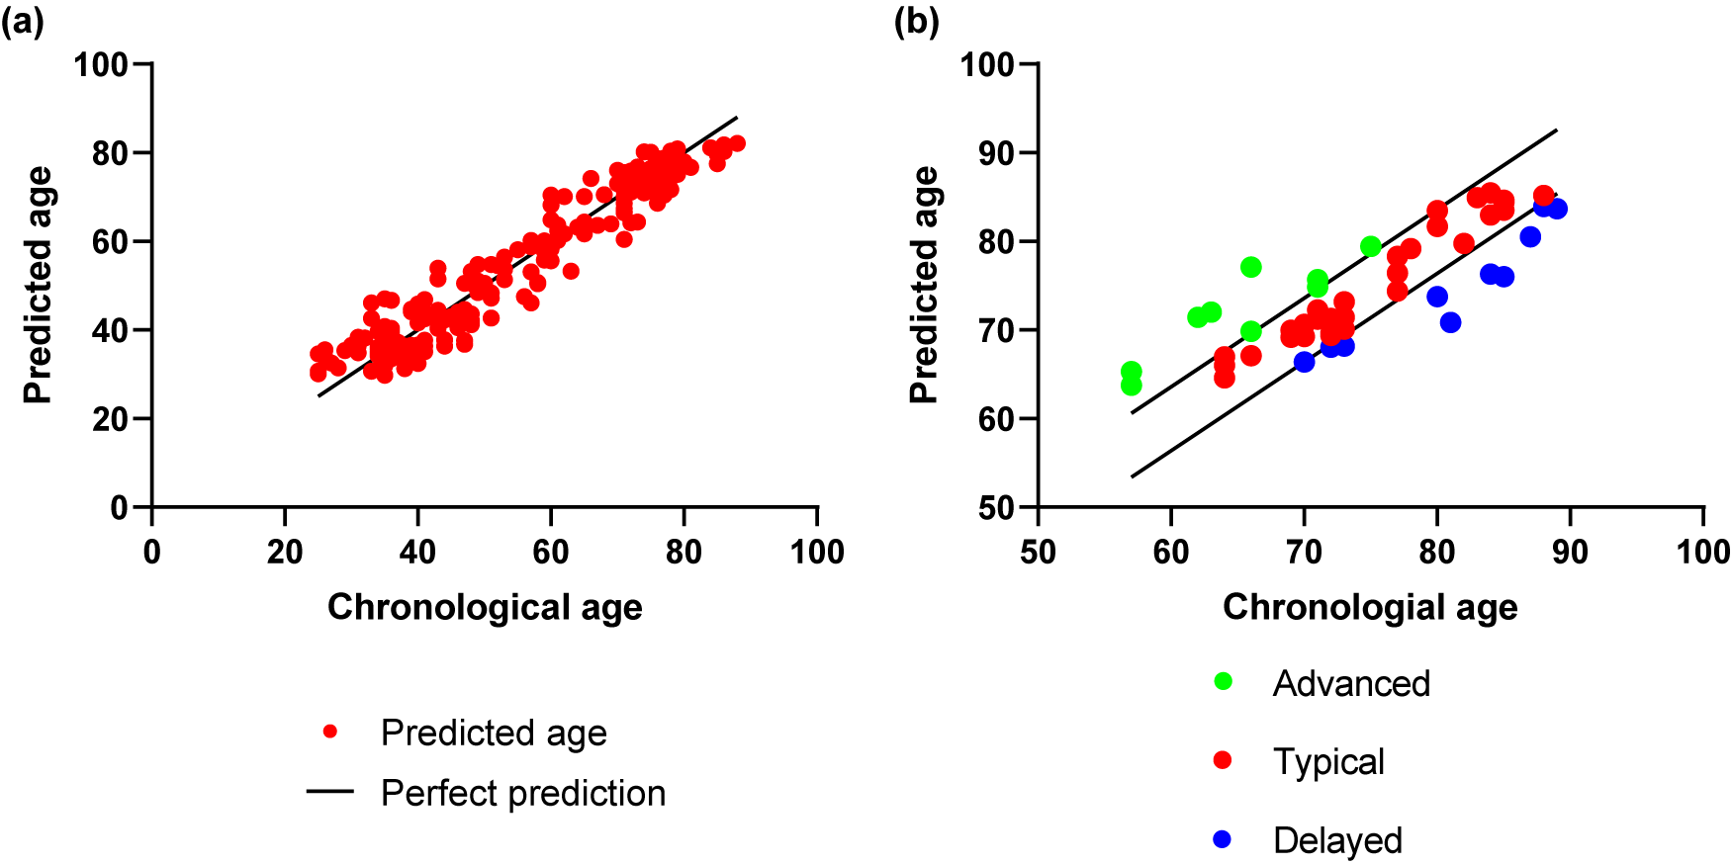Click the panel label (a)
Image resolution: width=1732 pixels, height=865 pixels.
(22, 22)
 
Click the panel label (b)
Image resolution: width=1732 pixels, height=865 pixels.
(916, 22)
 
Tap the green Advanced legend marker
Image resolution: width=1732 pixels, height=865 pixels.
(1223, 681)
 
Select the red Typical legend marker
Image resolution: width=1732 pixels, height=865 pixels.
(1223, 760)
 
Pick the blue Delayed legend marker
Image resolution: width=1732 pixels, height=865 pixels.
(1223, 839)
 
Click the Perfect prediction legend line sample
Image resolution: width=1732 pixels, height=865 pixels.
(330, 792)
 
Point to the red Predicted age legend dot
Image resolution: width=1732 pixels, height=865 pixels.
(330, 732)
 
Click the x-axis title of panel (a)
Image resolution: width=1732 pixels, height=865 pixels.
(485, 607)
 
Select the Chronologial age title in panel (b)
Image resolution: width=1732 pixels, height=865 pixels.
(1370, 607)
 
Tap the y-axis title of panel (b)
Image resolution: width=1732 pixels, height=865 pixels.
(924, 285)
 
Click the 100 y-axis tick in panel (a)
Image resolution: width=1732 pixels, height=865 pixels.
(101, 65)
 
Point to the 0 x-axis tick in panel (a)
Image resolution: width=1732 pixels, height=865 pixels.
(151, 552)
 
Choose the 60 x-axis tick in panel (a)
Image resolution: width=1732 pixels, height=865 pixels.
(551, 552)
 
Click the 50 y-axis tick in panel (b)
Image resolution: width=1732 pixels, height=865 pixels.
(996, 508)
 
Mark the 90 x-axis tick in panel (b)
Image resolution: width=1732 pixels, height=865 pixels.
(1570, 552)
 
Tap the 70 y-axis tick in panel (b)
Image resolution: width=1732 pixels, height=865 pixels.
(996, 330)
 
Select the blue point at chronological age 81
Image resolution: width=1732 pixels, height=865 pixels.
(1450, 322)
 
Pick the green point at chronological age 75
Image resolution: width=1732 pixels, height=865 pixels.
(1370, 246)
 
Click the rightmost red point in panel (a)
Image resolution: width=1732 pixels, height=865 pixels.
(737, 143)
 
